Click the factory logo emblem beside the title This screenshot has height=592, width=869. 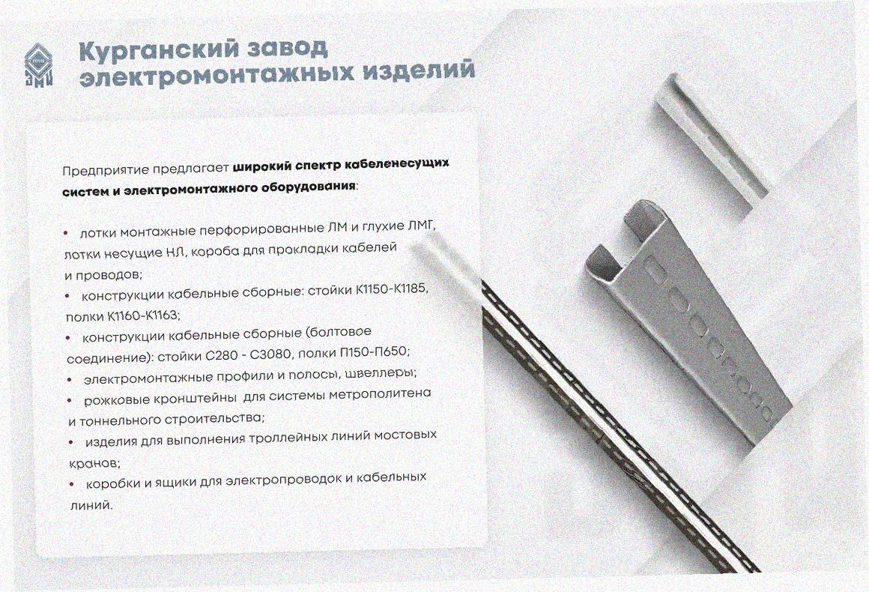click(x=38, y=65)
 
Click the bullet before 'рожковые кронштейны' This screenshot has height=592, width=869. click(x=70, y=400)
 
